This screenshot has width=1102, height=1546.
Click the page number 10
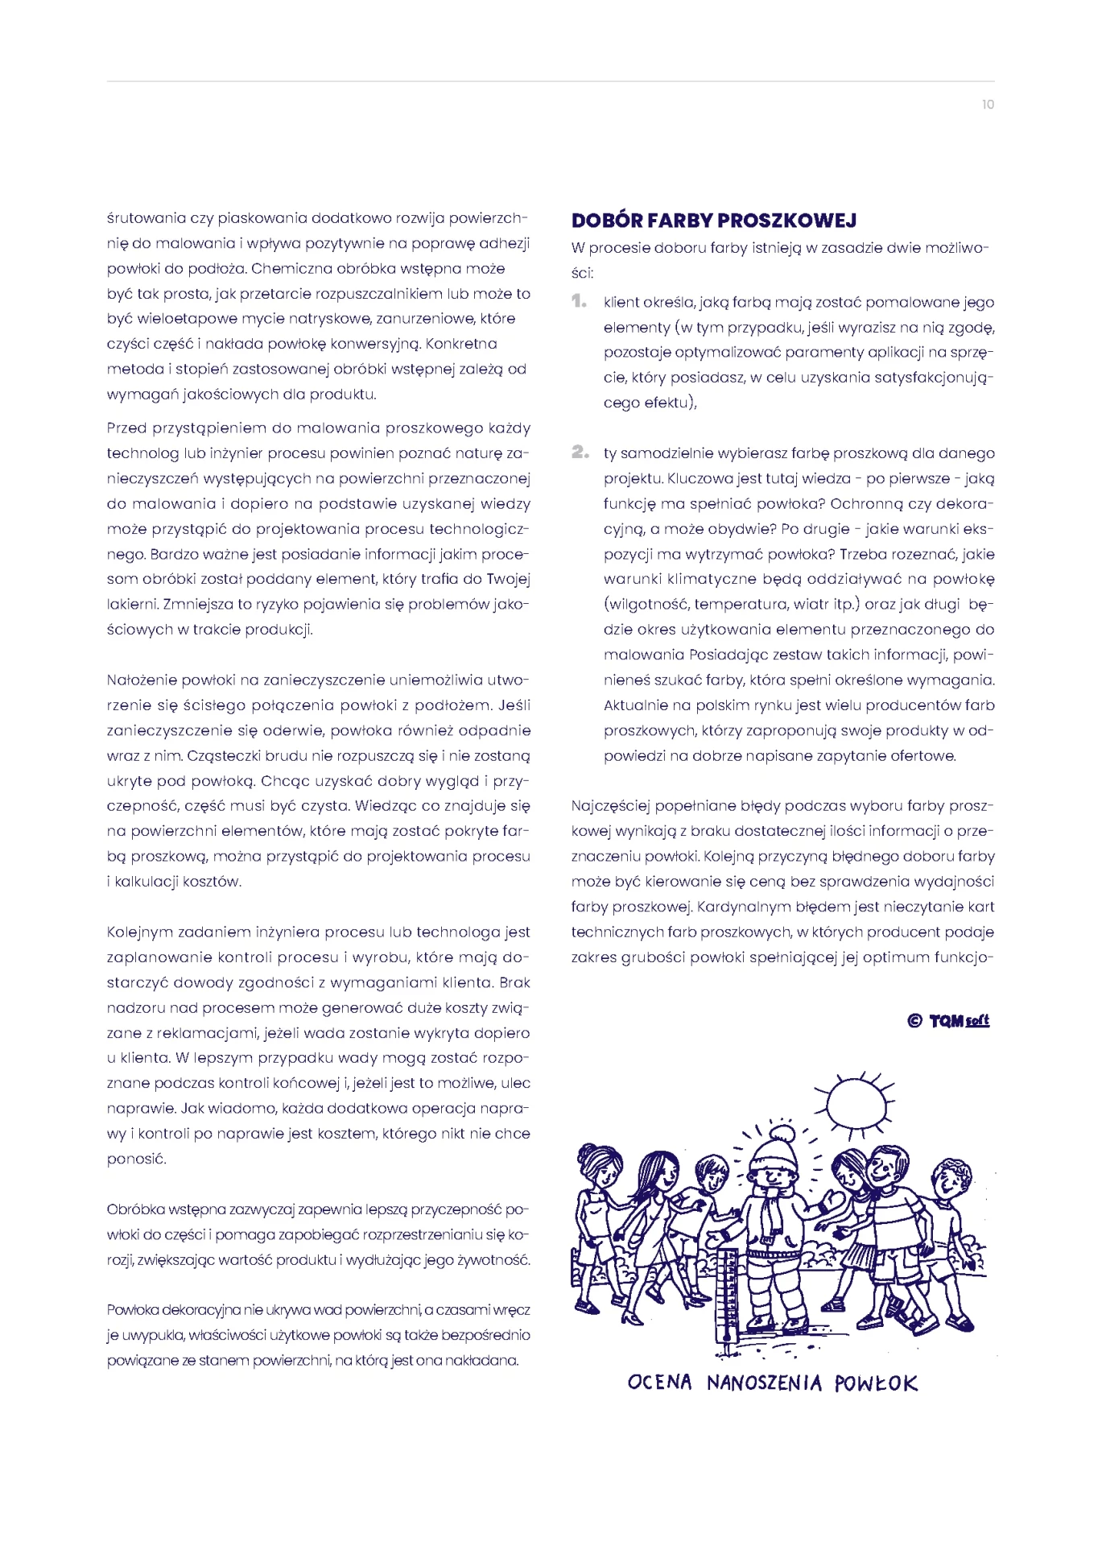(x=988, y=105)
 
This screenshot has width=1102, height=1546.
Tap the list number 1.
(x=579, y=301)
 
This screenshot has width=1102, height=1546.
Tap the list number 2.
(x=580, y=452)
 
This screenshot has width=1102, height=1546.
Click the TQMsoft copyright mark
(x=948, y=1021)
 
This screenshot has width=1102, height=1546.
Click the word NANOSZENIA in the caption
(x=764, y=1383)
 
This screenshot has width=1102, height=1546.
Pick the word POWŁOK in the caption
(x=876, y=1383)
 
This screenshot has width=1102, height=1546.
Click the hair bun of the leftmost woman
(x=588, y=1151)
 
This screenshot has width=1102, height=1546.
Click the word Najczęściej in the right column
(x=609, y=806)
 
